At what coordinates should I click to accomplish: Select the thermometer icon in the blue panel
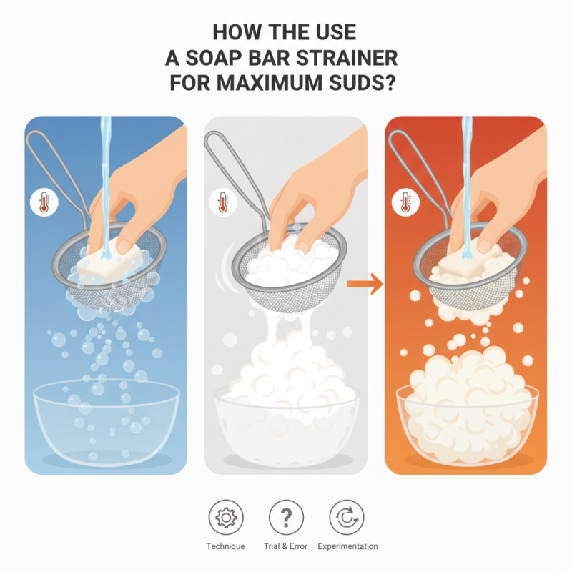coord(41,203)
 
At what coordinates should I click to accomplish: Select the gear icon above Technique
coord(226,516)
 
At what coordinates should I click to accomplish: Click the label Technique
coord(226,546)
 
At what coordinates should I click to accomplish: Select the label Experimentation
coord(347,546)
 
